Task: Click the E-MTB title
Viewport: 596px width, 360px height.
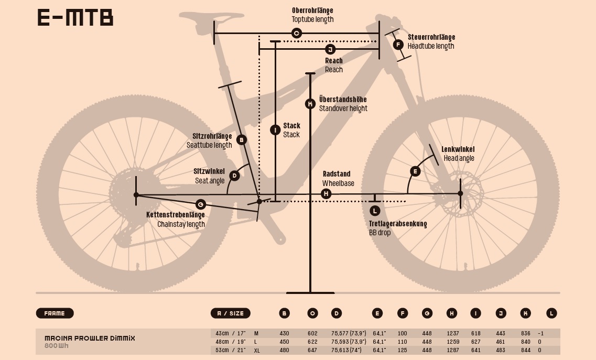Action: coord(75,18)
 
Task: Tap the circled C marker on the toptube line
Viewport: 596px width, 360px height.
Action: coord(296,34)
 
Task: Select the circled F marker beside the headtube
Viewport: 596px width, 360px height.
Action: coord(398,45)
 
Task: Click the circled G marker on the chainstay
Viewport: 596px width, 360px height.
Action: coord(200,204)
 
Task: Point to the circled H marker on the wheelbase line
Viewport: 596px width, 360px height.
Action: coord(326,194)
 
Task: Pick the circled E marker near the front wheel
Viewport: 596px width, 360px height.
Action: coord(415,171)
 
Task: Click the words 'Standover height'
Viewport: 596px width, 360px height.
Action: coord(343,108)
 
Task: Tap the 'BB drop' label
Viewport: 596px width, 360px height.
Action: coord(380,232)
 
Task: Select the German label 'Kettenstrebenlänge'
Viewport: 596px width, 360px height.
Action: coord(175,215)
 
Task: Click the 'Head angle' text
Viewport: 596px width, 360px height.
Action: coord(459,158)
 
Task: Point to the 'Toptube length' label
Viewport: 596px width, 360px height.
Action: coord(312,19)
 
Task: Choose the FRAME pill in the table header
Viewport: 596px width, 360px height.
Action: coord(55,313)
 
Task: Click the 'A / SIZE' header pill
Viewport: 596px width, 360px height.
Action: coord(230,313)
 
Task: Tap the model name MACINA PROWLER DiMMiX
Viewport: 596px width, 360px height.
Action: coord(90,339)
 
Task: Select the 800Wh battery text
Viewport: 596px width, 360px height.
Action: coord(57,346)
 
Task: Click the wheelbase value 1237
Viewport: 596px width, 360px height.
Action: coord(453,333)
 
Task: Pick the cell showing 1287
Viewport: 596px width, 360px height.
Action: coord(453,350)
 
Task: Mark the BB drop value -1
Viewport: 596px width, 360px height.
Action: coord(540,333)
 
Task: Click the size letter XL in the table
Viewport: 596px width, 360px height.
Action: coord(257,350)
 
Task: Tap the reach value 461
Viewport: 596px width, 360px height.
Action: coord(501,342)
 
